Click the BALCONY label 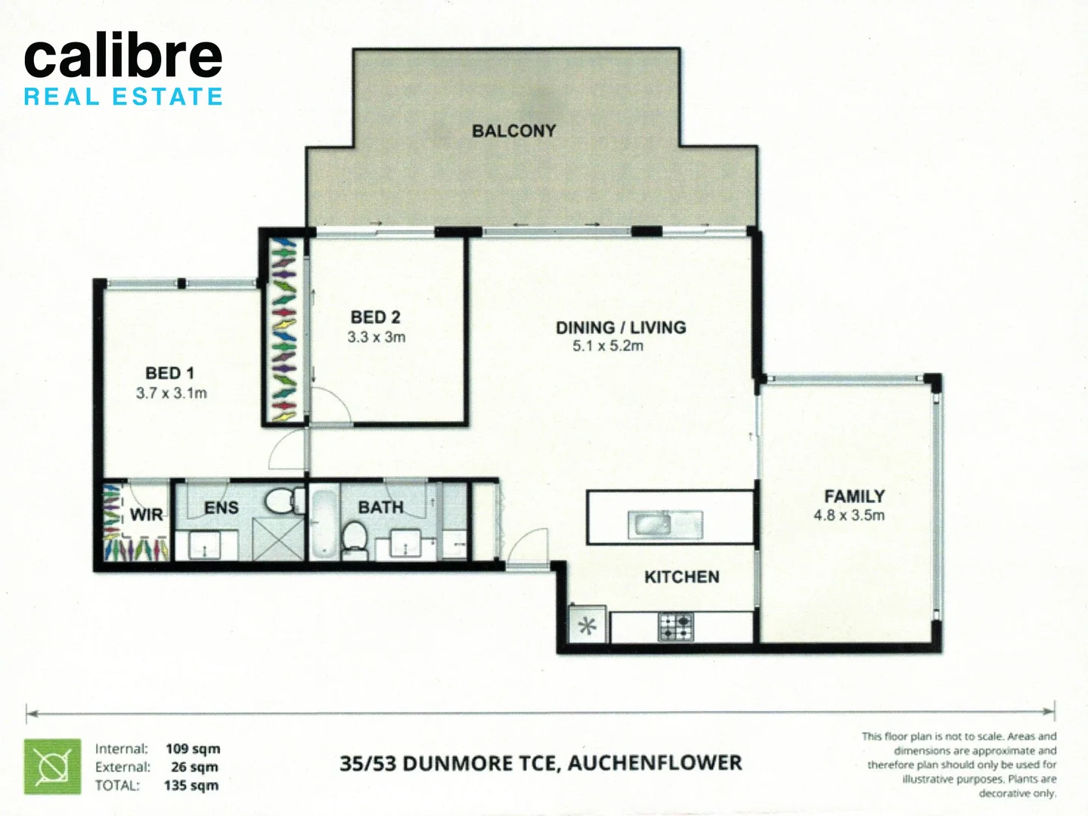click(x=513, y=131)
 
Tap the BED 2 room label click(x=376, y=317)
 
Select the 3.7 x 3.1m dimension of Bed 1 click(x=172, y=393)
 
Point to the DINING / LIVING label click(x=621, y=327)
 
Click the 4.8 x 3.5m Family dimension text click(x=849, y=515)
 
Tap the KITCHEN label click(x=681, y=577)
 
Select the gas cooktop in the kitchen click(x=676, y=626)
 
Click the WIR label click(x=146, y=515)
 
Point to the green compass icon click(x=52, y=767)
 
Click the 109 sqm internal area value click(x=193, y=749)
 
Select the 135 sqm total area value click(x=191, y=786)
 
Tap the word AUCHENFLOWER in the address click(x=655, y=763)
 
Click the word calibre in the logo click(x=123, y=57)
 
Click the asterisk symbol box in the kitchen click(x=587, y=626)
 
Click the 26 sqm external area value click(x=194, y=767)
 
